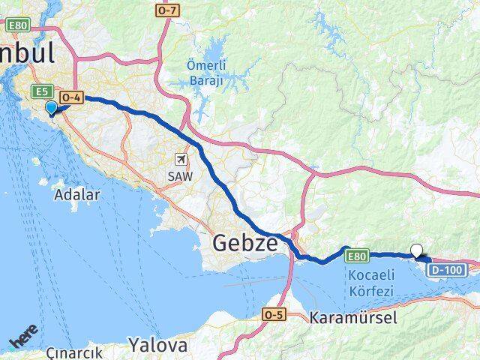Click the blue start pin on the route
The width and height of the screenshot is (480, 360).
pyautogui.click(x=52, y=109)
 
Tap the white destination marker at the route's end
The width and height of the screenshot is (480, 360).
pyautogui.click(x=417, y=252)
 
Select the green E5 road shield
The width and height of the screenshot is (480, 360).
pyautogui.click(x=43, y=91)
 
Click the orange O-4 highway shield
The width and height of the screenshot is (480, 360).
pyautogui.click(x=71, y=97)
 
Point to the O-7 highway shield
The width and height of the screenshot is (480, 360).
pyautogui.click(x=166, y=10)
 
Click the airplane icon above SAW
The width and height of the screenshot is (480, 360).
pyautogui.click(x=181, y=159)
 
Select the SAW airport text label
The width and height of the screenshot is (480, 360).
pyautogui.click(x=181, y=175)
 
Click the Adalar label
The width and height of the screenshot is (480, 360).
pyautogui.click(x=77, y=193)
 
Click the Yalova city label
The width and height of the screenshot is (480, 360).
pyautogui.click(x=157, y=345)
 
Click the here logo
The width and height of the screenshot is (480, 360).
pyautogui.click(x=24, y=342)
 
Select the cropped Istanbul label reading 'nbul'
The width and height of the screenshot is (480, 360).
pyautogui.click(x=27, y=54)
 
